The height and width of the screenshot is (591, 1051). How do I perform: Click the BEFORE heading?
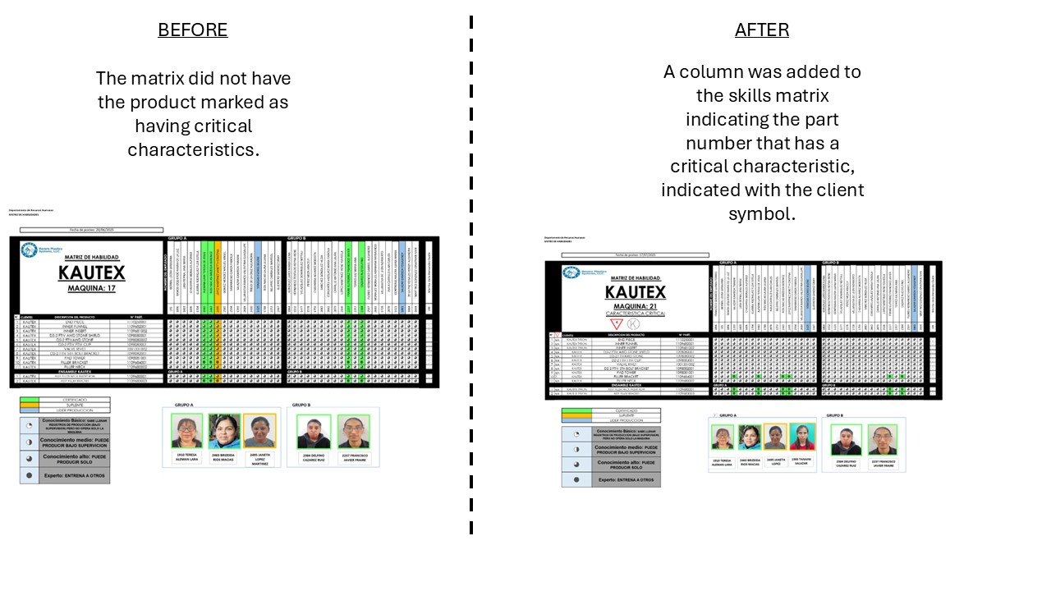tap(193, 30)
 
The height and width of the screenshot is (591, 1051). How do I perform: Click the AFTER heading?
tap(762, 30)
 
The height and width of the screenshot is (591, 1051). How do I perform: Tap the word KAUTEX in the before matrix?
tap(91, 273)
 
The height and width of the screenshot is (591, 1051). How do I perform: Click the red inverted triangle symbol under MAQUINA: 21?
tap(617, 323)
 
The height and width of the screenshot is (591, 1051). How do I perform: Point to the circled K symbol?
tap(634, 323)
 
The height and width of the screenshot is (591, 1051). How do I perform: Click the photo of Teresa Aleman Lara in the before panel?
tap(187, 431)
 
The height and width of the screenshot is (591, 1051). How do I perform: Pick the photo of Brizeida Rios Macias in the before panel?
tap(223, 431)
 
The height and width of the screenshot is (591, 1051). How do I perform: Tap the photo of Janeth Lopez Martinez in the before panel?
tap(259, 431)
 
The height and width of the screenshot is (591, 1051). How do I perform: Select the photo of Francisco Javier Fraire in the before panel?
tap(353, 432)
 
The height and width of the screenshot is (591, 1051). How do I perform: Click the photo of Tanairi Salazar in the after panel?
tap(801, 437)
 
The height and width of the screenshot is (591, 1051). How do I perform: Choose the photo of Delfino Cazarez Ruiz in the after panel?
tap(846, 440)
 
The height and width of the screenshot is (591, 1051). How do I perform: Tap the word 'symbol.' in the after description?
tap(762, 214)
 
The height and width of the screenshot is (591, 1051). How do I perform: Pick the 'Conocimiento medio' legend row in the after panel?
tap(610, 449)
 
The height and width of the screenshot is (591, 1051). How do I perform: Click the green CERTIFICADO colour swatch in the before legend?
tap(30, 400)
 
